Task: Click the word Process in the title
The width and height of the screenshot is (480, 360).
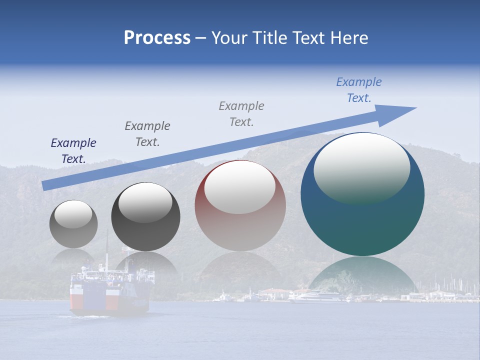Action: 157,38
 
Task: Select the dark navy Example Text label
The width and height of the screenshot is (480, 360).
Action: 73,151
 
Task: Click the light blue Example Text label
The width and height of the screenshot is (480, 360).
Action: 359,90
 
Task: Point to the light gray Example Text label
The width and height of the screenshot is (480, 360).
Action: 241,113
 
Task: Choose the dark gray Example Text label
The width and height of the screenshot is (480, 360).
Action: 147,133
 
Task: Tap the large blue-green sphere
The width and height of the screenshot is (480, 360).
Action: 362,220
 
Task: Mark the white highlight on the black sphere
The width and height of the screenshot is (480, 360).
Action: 145,202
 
